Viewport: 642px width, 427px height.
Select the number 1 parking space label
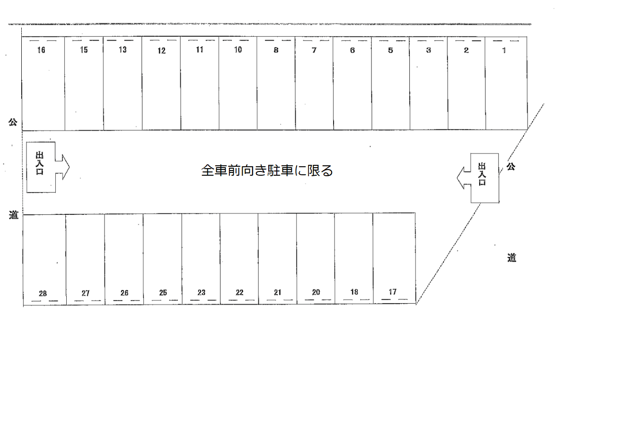click(x=504, y=50)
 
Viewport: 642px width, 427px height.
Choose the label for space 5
click(x=390, y=50)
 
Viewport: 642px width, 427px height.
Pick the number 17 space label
click(x=393, y=292)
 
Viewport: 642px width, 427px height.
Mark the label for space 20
click(x=316, y=292)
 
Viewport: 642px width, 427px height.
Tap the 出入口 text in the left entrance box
click(x=40, y=163)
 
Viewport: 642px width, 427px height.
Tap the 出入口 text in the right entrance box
click(x=482, y=174)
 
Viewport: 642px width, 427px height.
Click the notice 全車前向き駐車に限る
click(x=267, y=171)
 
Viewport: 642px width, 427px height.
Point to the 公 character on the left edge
click(x=13, y=122)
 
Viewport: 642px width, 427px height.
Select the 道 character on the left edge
click(x=14, y=215)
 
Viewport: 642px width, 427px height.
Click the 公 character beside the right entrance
click(x=510, y=166)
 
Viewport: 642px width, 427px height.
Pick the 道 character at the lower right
click(x=511, y=258)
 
